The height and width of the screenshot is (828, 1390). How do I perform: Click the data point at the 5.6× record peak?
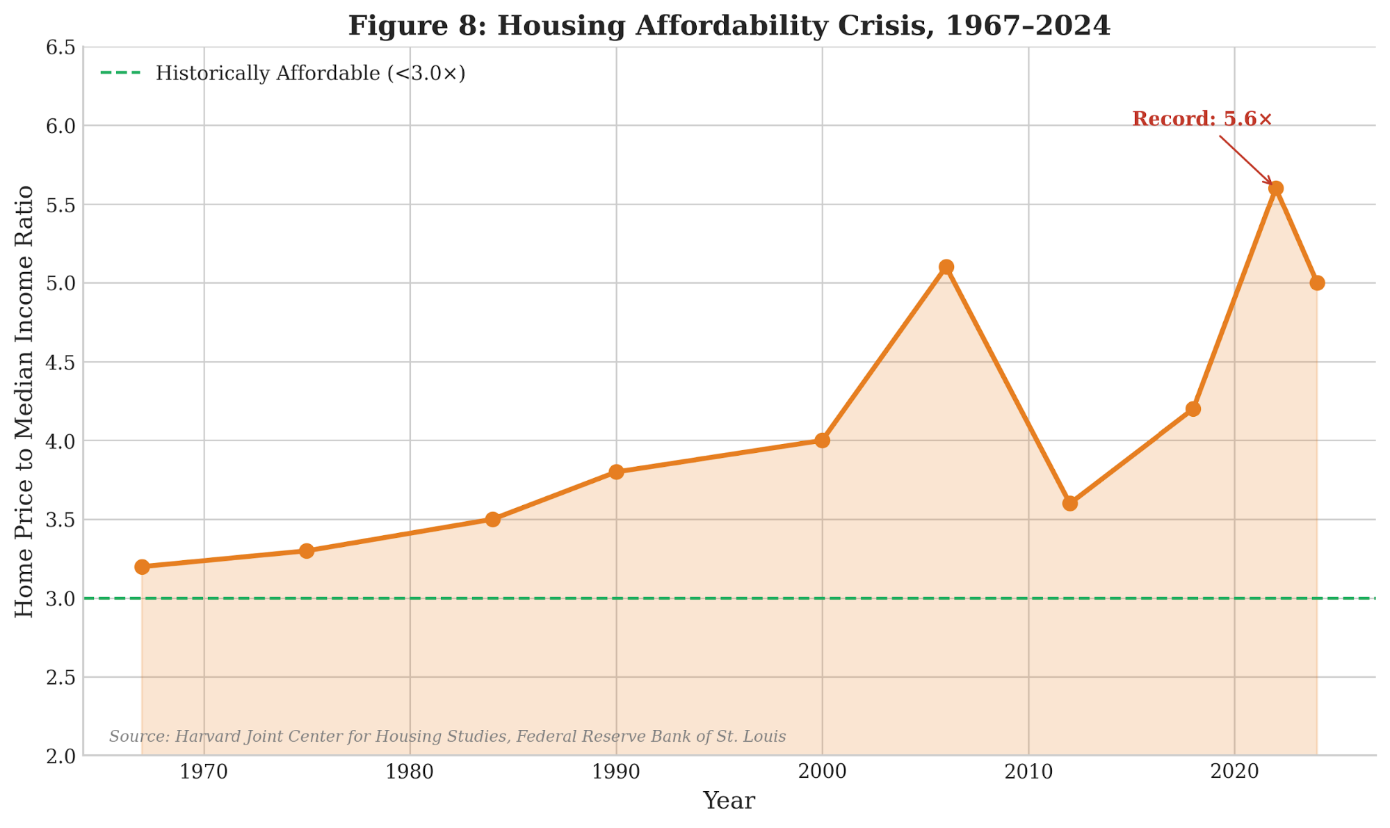click(x=1275, y=189)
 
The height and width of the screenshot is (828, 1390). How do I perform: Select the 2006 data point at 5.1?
click(x=946, y=267)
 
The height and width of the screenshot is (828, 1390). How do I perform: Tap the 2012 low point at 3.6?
click(x=1069, y=503)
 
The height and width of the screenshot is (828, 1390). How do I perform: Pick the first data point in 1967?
click(x=142, y=566)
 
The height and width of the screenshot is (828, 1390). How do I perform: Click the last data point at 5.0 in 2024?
click(x=1316, y=283)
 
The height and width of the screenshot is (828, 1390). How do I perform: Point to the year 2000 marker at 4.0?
click(x=822, y=440)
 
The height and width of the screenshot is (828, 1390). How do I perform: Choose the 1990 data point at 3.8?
click(x=616, y=472)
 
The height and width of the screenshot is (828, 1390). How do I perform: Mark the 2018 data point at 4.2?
click(x=1193, y=408)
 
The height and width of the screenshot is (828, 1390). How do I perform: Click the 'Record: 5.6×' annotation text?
click(x=1202, y=119)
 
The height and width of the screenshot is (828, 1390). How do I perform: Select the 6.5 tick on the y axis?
click(x=60, y=48)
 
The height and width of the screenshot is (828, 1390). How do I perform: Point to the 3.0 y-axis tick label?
click(x=60, y=599)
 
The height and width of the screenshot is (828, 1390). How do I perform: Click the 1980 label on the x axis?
click(x=410, y=772)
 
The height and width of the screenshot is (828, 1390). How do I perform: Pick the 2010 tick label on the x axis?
click(x=1028, y=772)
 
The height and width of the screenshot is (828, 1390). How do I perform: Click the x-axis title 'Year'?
click(x=728, y=801)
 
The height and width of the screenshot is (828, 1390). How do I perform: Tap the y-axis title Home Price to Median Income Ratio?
click(x=24, y=401)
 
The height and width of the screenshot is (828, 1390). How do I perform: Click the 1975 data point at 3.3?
click(x=307, y=551)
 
